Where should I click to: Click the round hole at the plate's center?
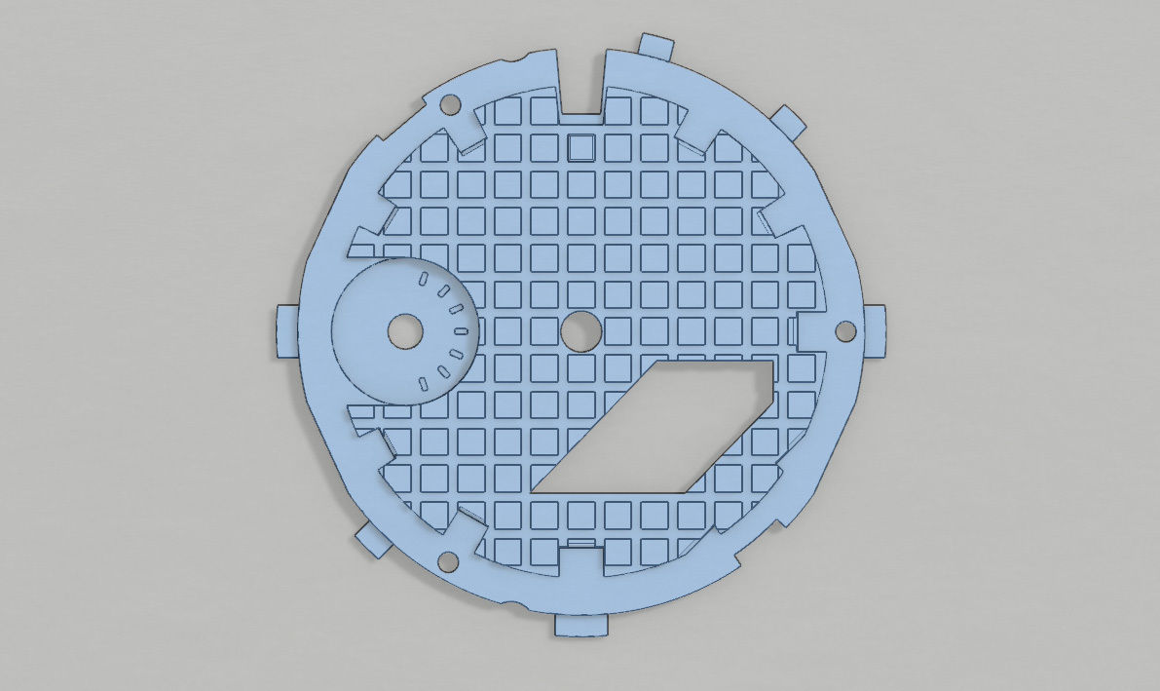coord(581,331)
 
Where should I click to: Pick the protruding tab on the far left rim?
coord(285,331)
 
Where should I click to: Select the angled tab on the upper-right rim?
coord(789,120)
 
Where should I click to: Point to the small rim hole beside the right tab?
coord(846,331)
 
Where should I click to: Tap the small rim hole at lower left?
coord(449,560)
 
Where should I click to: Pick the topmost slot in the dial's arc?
coord(424,280)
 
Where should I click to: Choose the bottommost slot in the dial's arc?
coord(423,382)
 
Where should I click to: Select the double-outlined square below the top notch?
coord(580,148)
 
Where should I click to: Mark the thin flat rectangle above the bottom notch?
coord(580,542)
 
